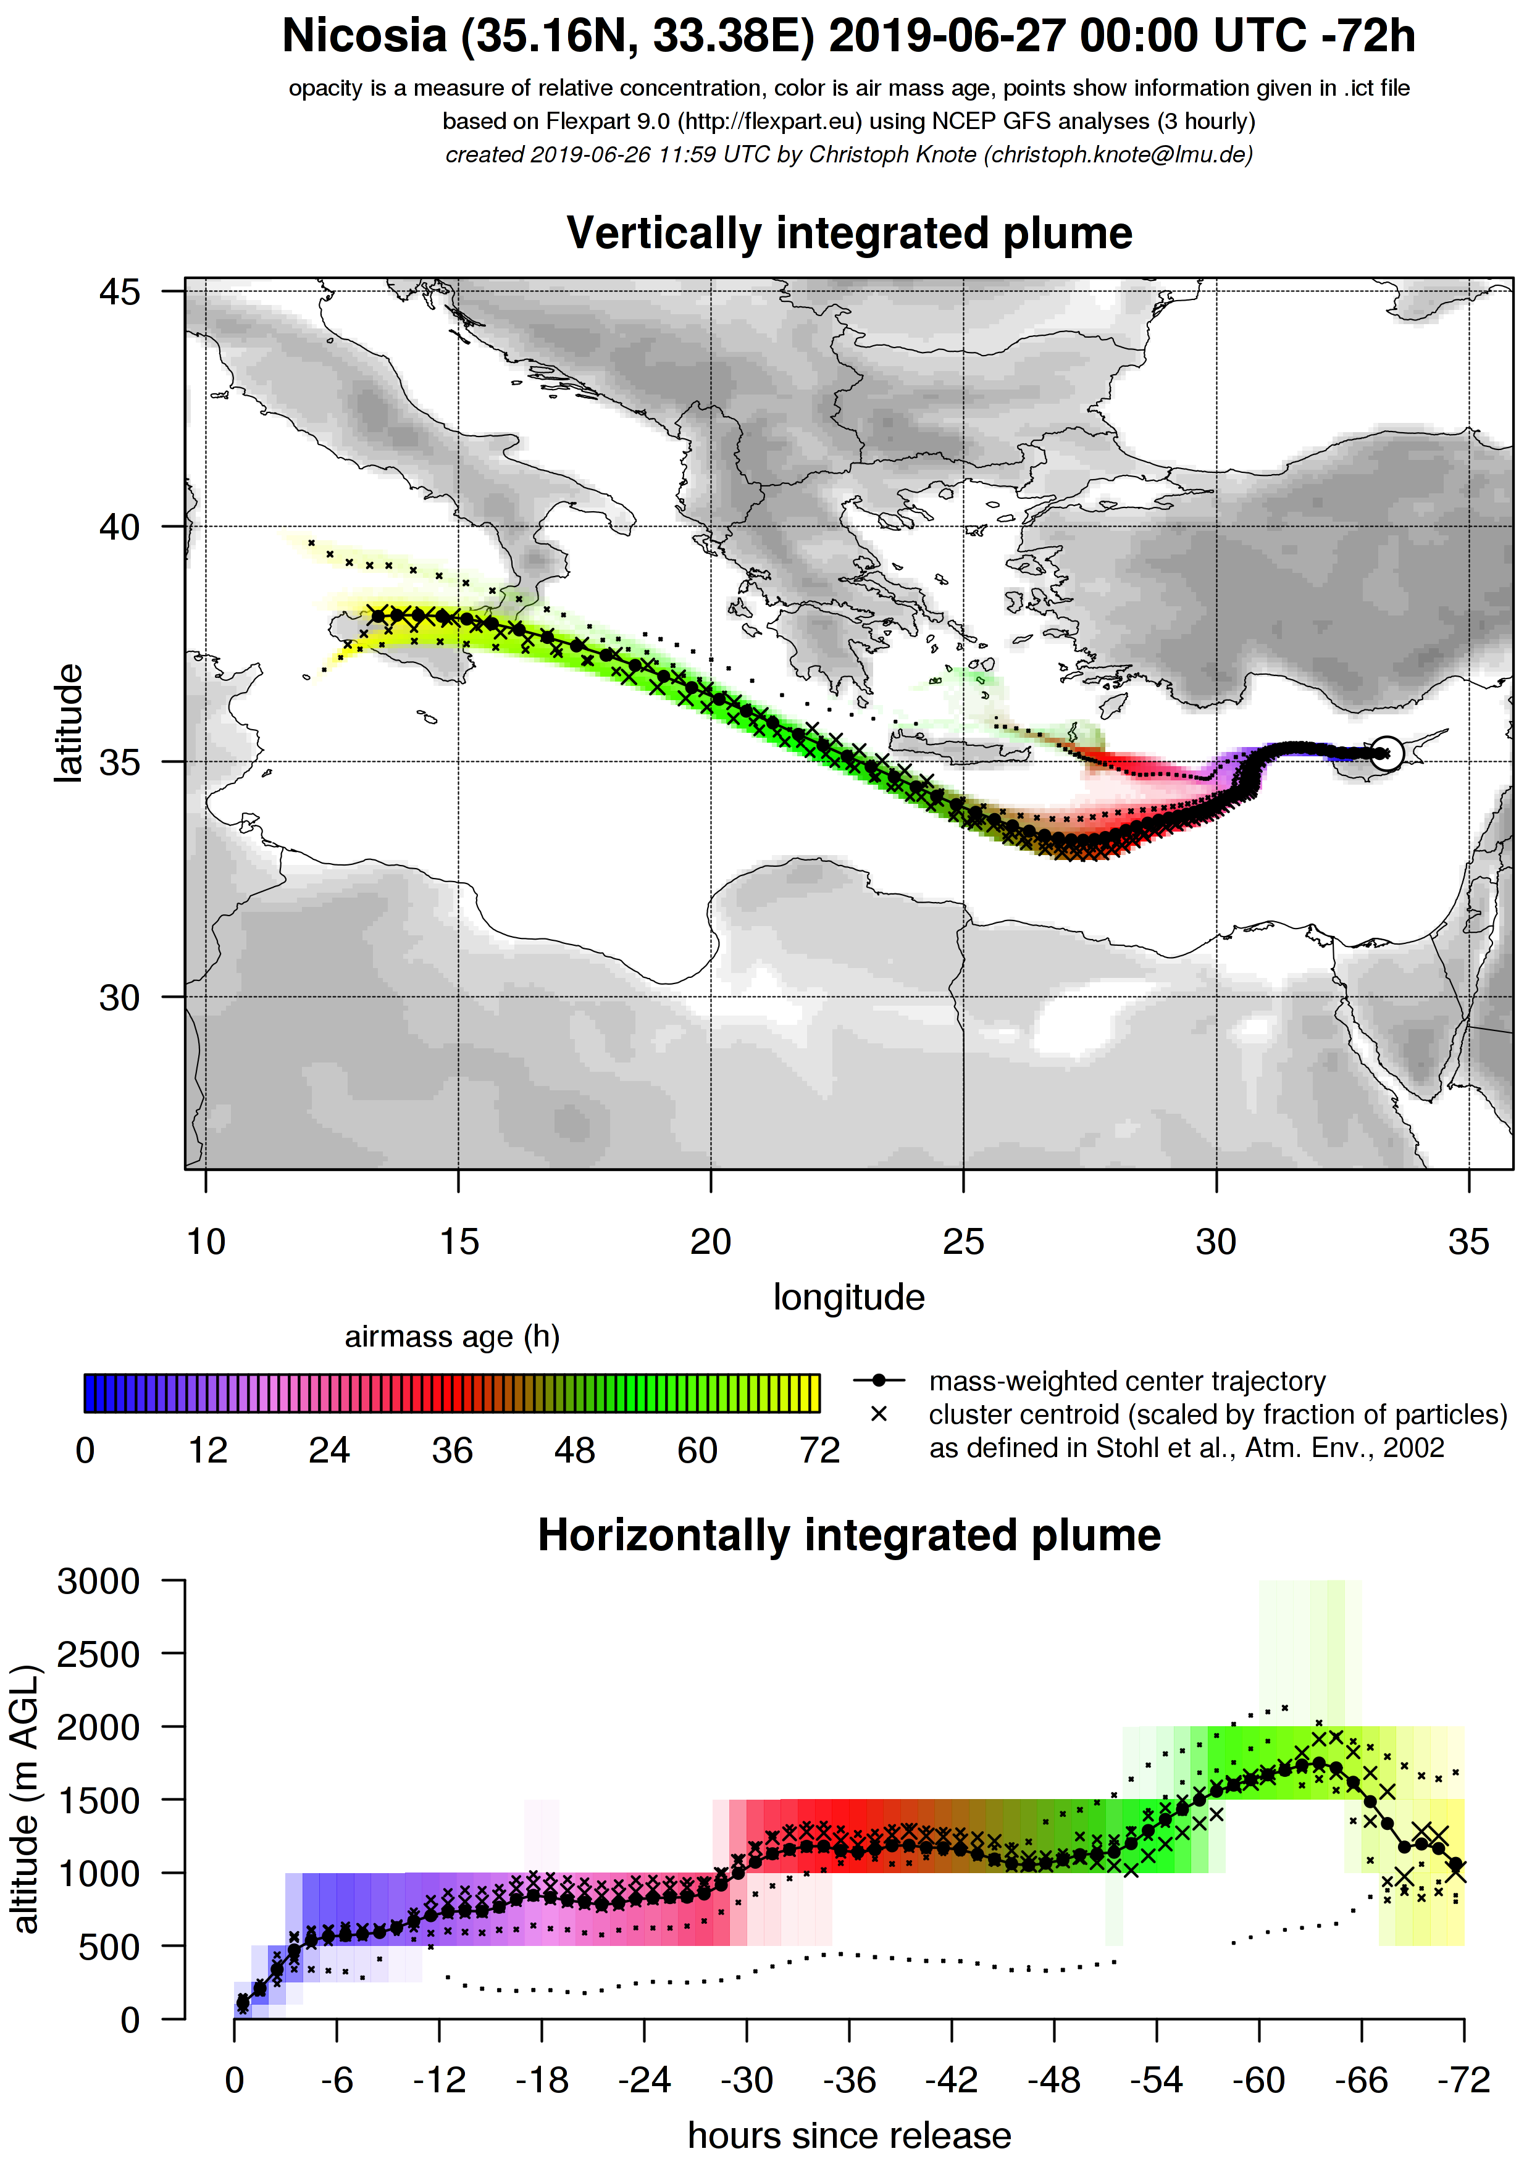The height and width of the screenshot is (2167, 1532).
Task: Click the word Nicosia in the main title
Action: [364, 38]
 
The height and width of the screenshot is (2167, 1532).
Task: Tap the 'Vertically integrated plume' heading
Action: [848, 233]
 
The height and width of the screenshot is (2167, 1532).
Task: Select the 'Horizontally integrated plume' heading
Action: [848, 1535]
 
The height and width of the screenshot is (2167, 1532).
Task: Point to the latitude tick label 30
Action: [119, 996]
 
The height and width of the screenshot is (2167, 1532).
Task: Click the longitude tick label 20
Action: [711, 1242]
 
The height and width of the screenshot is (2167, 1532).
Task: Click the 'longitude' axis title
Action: [848, 1298]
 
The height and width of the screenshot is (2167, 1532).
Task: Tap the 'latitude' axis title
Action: [68, 723]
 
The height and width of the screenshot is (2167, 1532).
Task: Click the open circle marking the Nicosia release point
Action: [1385, 753]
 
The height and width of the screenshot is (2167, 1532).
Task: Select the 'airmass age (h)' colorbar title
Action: [452, 1337]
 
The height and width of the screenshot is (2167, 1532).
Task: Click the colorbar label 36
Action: [452, 1451]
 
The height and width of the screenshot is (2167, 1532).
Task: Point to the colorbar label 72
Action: [819, 1451]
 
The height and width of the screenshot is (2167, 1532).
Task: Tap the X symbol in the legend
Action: [879, 1415]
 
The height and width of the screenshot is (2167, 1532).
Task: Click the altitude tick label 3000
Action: [98, 1581]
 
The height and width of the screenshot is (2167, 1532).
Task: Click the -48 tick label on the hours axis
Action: [1055, 2080]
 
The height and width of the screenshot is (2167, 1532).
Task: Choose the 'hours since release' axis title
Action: [848, 2136]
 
